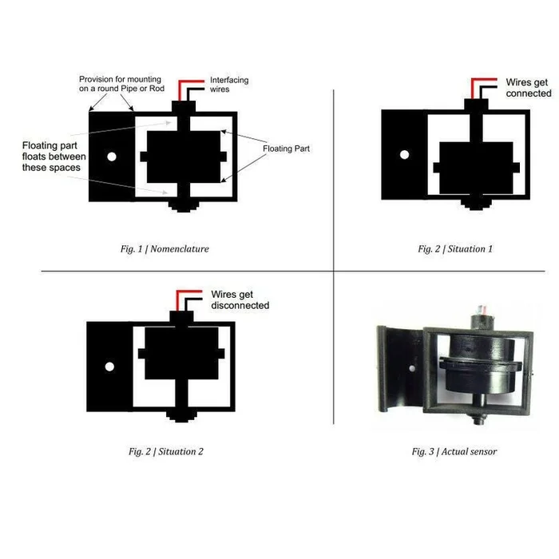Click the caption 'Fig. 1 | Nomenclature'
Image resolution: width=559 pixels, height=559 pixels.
click(159, 249)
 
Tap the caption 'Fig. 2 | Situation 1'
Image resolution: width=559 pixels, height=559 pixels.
click(455, 249)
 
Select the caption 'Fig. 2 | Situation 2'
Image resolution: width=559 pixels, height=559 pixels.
click(166, 451)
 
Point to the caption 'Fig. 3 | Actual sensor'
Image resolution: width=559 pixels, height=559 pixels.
click(454, 451)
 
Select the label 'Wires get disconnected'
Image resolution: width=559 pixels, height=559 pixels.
click(240, 299)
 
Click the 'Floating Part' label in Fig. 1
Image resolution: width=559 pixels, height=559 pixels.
click(286, 149)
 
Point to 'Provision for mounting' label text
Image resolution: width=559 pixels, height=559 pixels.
click(120, 84)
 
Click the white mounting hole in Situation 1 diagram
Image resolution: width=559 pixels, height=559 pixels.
click(404, 153)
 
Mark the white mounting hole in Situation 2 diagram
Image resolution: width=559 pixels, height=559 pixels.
click(109, 367)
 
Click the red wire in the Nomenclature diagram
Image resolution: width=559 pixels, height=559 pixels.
click(185, 82)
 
